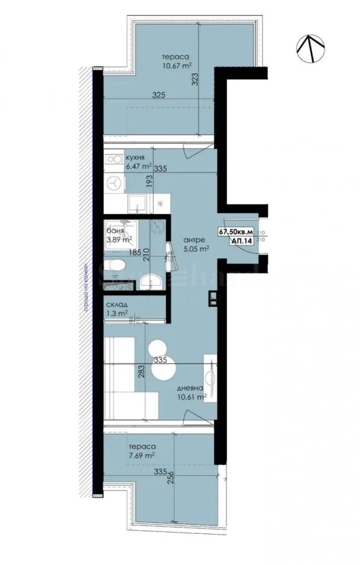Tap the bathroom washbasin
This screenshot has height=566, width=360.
151,282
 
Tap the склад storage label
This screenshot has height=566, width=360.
116,305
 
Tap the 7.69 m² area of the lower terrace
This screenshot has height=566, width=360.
142,455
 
